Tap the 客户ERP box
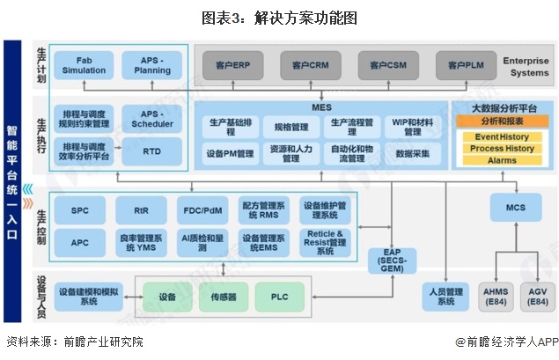click(233, 64)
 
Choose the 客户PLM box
click(464, 64)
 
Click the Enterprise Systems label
click(526, 66)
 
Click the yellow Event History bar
click(501, 137)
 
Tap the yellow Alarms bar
click(501, 161)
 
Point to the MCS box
click(516, 208)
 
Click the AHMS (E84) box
click(496, 297)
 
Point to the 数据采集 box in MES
click(413, 153)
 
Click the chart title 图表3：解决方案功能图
click(278, 18)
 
